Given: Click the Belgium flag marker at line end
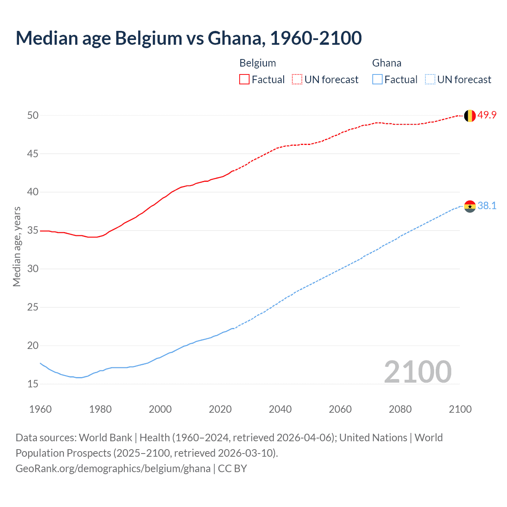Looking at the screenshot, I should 470,116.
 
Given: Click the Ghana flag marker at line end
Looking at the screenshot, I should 470,206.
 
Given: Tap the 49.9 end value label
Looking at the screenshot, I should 487,115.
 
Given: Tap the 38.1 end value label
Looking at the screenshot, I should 487,206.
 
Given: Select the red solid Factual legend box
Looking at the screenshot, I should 244,80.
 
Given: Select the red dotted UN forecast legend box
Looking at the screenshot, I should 297,80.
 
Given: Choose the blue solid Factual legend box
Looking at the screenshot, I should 377,80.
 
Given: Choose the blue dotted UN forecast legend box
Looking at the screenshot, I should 430,80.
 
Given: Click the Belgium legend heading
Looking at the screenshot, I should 257,63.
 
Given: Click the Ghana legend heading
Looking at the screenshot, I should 387,63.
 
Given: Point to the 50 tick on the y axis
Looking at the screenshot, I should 32,115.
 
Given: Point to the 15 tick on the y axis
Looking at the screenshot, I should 32,384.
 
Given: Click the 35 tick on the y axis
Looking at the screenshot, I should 32,231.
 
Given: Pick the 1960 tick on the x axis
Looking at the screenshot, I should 40,409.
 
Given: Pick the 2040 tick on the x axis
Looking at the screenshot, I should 280,409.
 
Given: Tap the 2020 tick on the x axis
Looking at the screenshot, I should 220,409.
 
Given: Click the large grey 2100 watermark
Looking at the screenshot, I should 417,372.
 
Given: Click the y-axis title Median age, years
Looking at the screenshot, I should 17,246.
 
